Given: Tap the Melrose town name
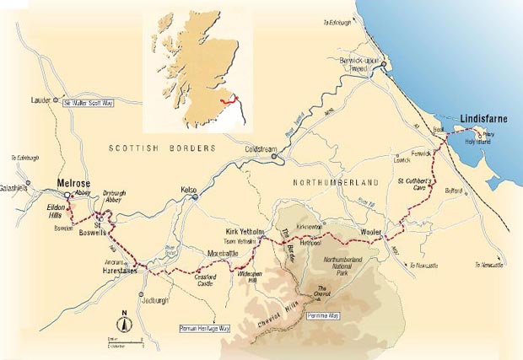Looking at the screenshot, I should pyautogui.click(x=72, y=182).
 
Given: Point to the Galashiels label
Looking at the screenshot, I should pyautogui.click(x=14, y=187).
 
